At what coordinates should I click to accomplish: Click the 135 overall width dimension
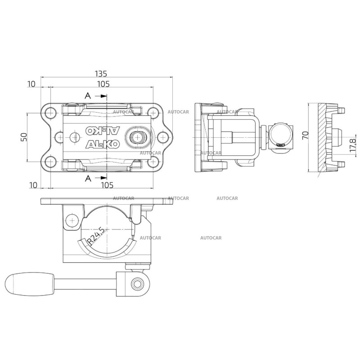101,74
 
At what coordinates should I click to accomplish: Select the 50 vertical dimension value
25,137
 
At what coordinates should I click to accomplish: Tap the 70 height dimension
306,135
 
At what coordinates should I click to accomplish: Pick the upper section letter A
88,95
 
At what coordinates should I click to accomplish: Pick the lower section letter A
88,178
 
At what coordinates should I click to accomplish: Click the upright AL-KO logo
103,144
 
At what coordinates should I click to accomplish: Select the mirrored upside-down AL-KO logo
103,130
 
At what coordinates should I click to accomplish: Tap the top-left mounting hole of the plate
50,113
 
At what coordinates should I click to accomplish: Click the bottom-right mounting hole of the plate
153,162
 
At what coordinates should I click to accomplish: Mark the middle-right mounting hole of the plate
162,137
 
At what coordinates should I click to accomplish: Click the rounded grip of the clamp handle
30,284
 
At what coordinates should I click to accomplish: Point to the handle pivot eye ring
138,284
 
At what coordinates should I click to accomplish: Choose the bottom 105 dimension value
107,185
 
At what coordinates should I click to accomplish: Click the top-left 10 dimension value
31,84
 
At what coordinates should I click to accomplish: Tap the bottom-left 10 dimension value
33,185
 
